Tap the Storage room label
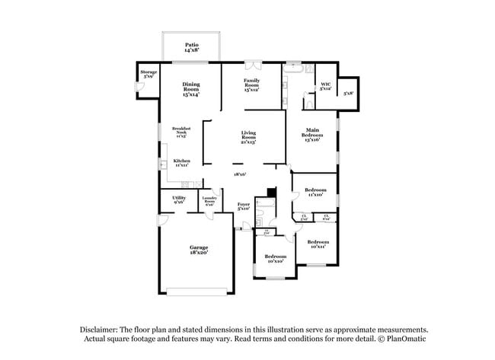[148, 75]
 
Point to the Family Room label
[252, 84]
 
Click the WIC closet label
[325, 86]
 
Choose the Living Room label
[248, 137]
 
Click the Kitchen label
[181, 163]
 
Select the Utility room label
[179, 199]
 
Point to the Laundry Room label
[209, 202]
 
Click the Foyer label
[244, 206]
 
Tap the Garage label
[199, 250]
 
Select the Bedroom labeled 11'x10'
[315, 192]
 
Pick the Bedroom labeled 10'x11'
[318, 244]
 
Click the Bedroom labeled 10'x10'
[275, 259]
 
